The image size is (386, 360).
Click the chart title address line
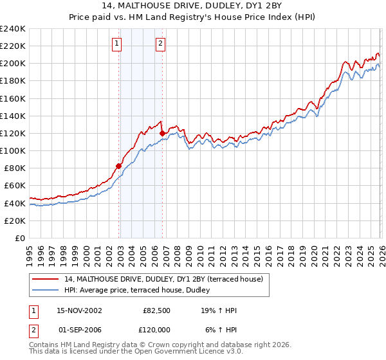tap(192, 6)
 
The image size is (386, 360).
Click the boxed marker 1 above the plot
tap(117, 44)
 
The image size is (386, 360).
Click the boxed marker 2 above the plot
tap(160, 44)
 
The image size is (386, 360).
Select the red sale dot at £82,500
tap(119, 166)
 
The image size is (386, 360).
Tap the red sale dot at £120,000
tap(162, 133)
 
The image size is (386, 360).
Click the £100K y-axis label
tap(12, 150)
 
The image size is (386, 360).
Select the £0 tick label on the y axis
tap(21, 238)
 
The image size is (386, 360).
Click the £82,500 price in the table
tap(156, 310)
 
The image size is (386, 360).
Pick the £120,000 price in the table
tap(156, 330)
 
